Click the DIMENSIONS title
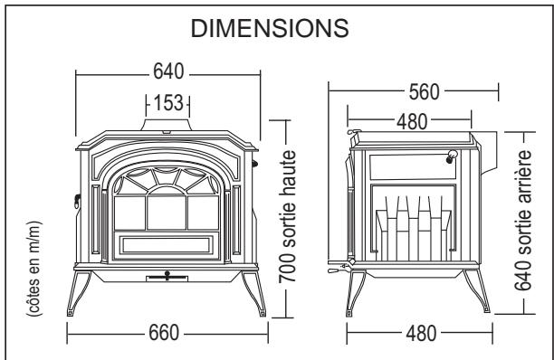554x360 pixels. tap(270, 28)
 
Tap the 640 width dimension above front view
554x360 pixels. tap(168, 71)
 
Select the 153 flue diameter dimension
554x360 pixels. tap(168, 103)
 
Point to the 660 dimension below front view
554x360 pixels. tap(164, 333)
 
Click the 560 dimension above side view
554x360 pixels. tap(424, 92)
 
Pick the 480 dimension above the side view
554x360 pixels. tap(412, 122)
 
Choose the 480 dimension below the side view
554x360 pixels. tap(421, 334)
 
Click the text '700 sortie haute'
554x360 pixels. tap(287, 217)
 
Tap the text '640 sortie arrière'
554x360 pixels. tap(523, 220)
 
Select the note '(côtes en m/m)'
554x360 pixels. tap(34, 269)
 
